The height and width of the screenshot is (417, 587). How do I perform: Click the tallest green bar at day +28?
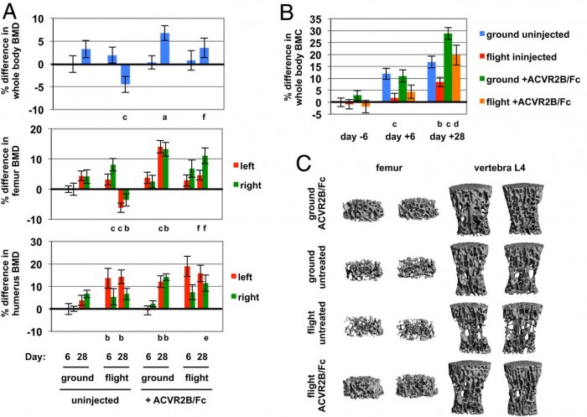tap(448, 67)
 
